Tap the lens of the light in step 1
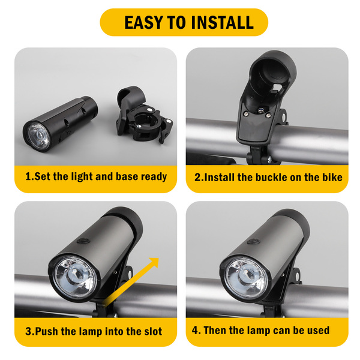click(x=39, y=136)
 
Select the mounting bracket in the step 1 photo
click(x=144, y=115)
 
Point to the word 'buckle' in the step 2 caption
click(x=271, y=178)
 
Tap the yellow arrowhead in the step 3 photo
click(x=154, y=262)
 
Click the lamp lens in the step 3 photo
click(x=75, y=278)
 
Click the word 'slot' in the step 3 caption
click(x=153, y=331)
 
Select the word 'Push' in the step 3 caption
click(x=47, y=331)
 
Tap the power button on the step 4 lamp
click(x=253, y=242)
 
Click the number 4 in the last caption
click(x=195, y=330)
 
